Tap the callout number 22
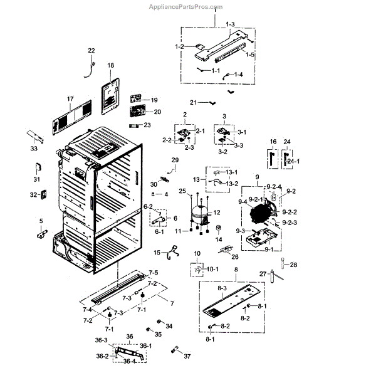tap(91, 50)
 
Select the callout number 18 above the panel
tap(110, 65)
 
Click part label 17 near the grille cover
tap(70, 99)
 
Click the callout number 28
tap(293, 265)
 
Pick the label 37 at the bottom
tap(187, 357)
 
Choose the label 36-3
tap(101, 339)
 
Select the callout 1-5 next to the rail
tap(250, 55)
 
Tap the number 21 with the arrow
tap(193, 102)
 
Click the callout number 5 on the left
tap(41, 221)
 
